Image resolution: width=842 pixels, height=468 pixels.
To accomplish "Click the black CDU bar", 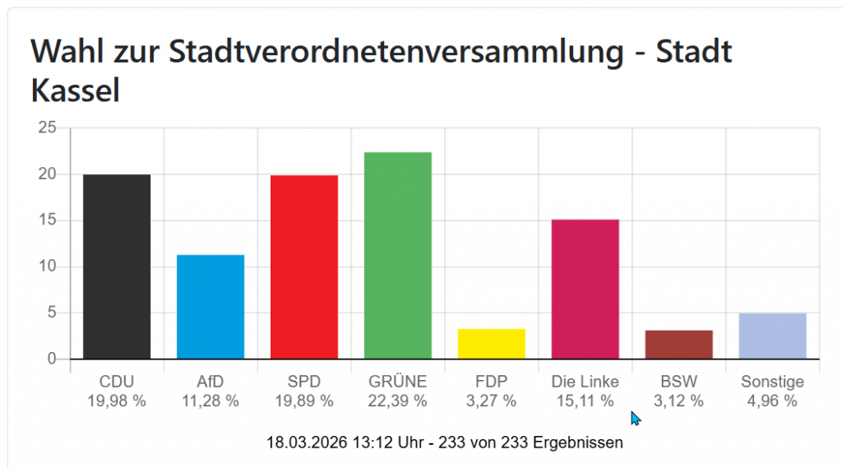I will point(117,266).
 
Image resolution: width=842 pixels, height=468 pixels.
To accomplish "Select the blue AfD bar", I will point(210,307).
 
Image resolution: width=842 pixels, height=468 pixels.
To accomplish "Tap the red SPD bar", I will point(303,266).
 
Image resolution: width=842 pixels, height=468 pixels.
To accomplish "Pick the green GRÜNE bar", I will point(397,255).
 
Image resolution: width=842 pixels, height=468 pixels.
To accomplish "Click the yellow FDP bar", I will point(491,344).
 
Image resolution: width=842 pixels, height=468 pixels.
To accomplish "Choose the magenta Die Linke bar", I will point(585,289).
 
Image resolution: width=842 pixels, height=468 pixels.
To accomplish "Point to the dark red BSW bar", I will point(678,345).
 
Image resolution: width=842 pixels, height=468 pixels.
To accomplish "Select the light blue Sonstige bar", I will point(772,336).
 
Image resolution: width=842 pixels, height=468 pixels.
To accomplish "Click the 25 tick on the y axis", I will point(48,128).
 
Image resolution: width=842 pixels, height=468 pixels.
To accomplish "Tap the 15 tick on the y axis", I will point(48,220).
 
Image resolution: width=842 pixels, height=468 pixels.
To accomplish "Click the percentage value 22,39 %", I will point(397,401).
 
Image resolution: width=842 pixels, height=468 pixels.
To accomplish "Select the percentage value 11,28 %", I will point(210,401).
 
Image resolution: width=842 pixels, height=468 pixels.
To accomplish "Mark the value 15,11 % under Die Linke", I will point(585,401).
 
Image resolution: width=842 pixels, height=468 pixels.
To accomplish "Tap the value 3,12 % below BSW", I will point(678,401).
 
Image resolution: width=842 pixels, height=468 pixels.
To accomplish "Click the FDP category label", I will point(491,382).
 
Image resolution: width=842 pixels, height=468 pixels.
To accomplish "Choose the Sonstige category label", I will point(772,382).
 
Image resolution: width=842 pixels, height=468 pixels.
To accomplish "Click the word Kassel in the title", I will point(76,90).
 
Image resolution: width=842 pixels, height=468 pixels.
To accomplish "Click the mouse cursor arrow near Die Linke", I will point(635,417).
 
